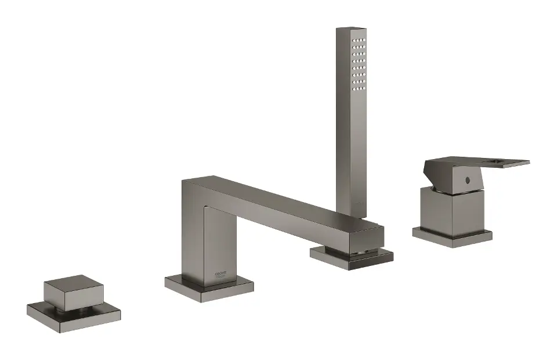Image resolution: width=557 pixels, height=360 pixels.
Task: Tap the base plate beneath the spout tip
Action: click(352, 255)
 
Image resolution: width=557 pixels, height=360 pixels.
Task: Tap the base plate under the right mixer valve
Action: click(453, 236)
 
